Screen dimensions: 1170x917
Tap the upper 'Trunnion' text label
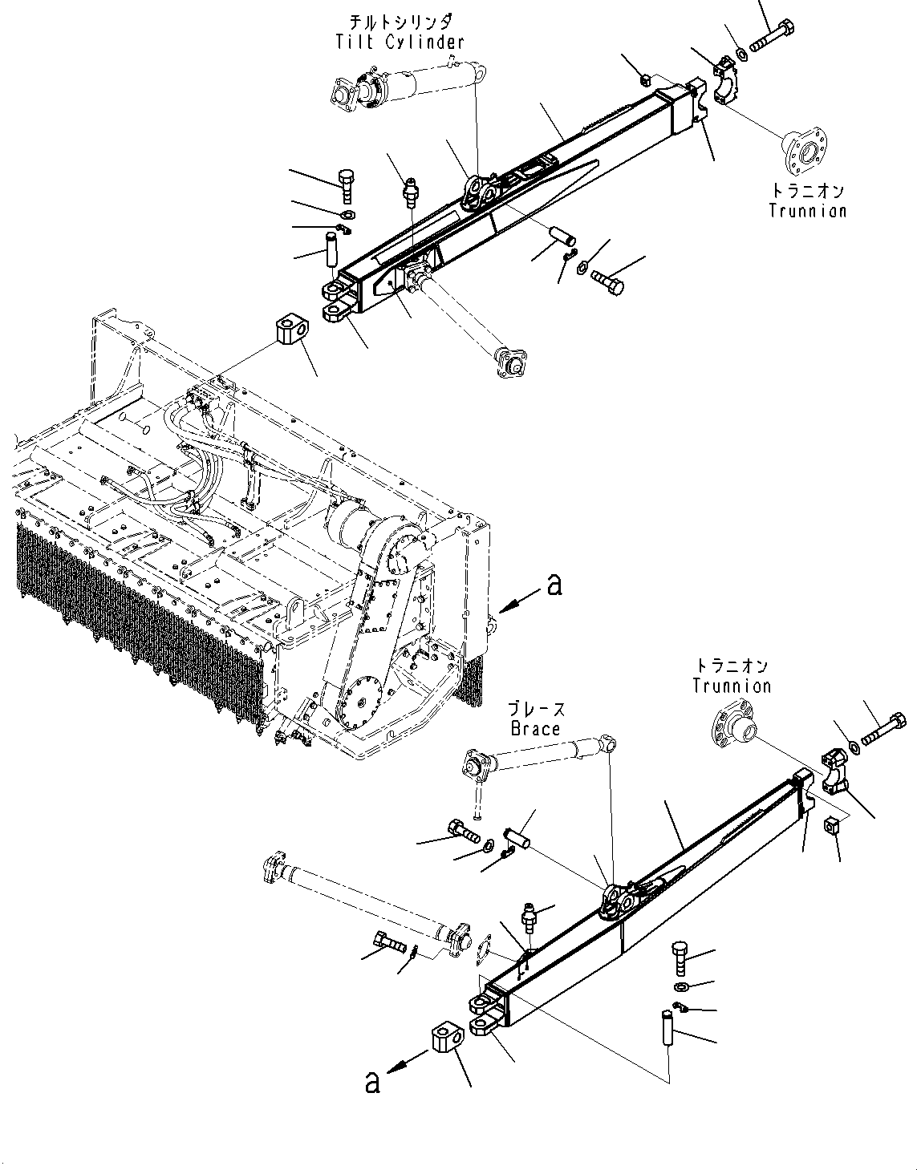point(807,211)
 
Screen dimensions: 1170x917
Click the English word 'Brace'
point(535,728)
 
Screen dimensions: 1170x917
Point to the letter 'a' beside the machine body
point(553,586)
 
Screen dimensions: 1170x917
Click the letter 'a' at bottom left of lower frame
point(371,1084)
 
